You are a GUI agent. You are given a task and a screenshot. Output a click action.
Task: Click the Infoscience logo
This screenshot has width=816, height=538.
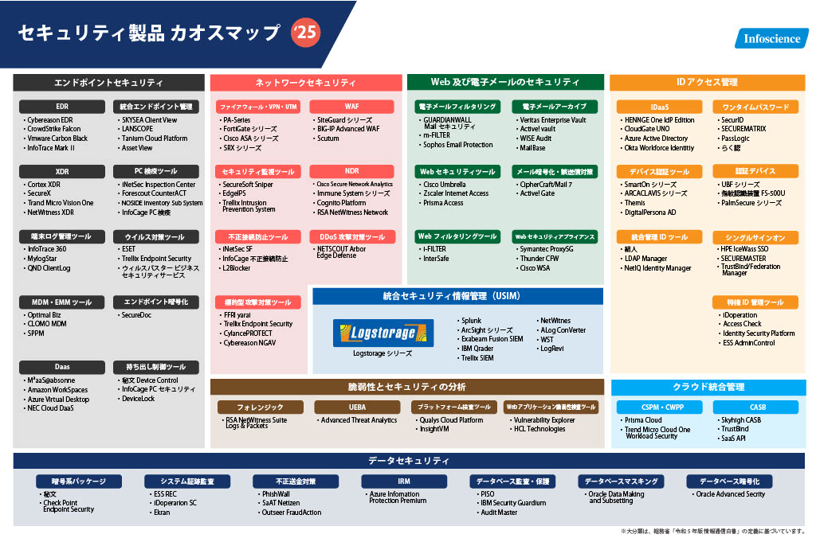771,38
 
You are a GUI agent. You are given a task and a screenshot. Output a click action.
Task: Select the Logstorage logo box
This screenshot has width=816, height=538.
378,333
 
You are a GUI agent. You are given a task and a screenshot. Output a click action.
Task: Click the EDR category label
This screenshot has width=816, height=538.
62,106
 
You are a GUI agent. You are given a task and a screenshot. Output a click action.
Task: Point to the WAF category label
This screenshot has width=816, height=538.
351,106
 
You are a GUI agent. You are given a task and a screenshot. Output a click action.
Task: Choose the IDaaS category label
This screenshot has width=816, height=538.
659,107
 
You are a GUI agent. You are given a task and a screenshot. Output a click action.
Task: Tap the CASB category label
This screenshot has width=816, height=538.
757,407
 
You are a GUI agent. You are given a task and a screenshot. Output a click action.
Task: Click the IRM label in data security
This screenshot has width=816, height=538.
404,481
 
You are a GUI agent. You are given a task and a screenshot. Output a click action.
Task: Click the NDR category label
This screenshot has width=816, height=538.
351,171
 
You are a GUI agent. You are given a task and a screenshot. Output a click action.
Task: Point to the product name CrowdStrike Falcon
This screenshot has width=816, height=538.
53,129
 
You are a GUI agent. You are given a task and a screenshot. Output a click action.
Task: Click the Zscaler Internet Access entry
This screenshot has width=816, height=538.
456,193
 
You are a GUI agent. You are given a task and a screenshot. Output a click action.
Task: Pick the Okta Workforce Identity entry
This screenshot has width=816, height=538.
658,147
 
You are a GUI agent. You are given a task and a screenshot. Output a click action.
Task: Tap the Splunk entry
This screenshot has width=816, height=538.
472,321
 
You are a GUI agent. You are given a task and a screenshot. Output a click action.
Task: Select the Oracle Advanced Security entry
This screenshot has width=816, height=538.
731,494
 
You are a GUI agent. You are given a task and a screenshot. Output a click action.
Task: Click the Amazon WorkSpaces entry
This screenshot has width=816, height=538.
57,390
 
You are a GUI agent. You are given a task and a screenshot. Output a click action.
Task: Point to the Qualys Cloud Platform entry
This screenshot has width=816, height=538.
451,420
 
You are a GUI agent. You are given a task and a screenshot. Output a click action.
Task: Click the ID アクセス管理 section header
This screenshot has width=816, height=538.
706,82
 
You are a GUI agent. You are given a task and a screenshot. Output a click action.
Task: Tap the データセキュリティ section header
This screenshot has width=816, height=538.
408,461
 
